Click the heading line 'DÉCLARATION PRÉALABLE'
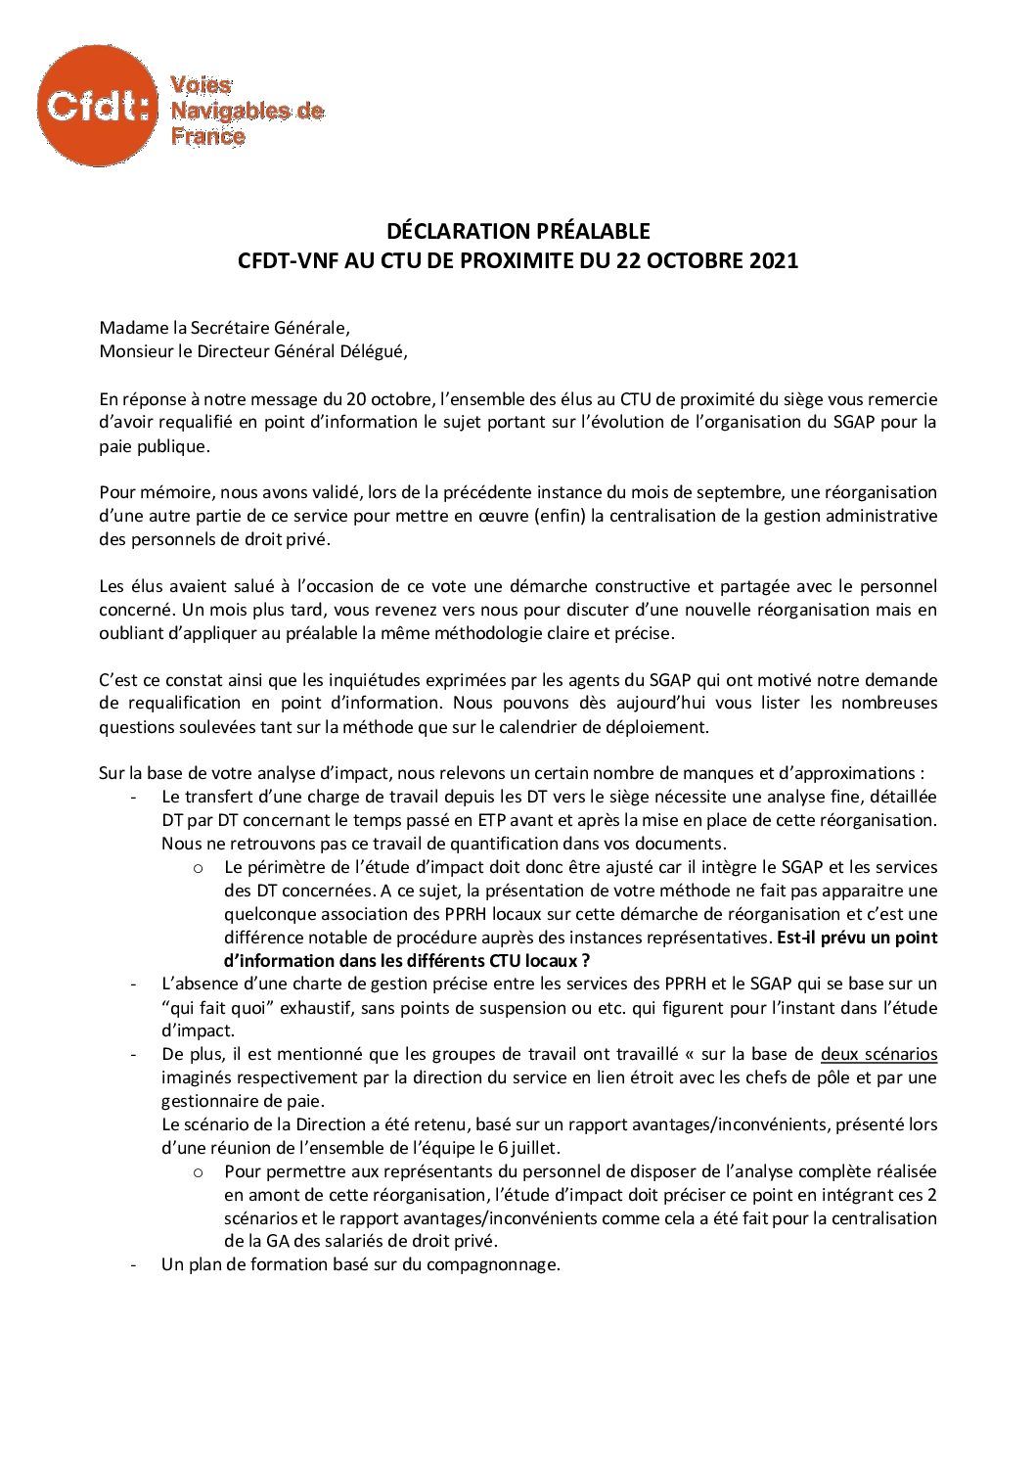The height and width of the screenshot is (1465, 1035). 517,232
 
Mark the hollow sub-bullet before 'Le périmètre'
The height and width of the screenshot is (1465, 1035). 199,868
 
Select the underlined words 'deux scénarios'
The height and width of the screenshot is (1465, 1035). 878,1054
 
